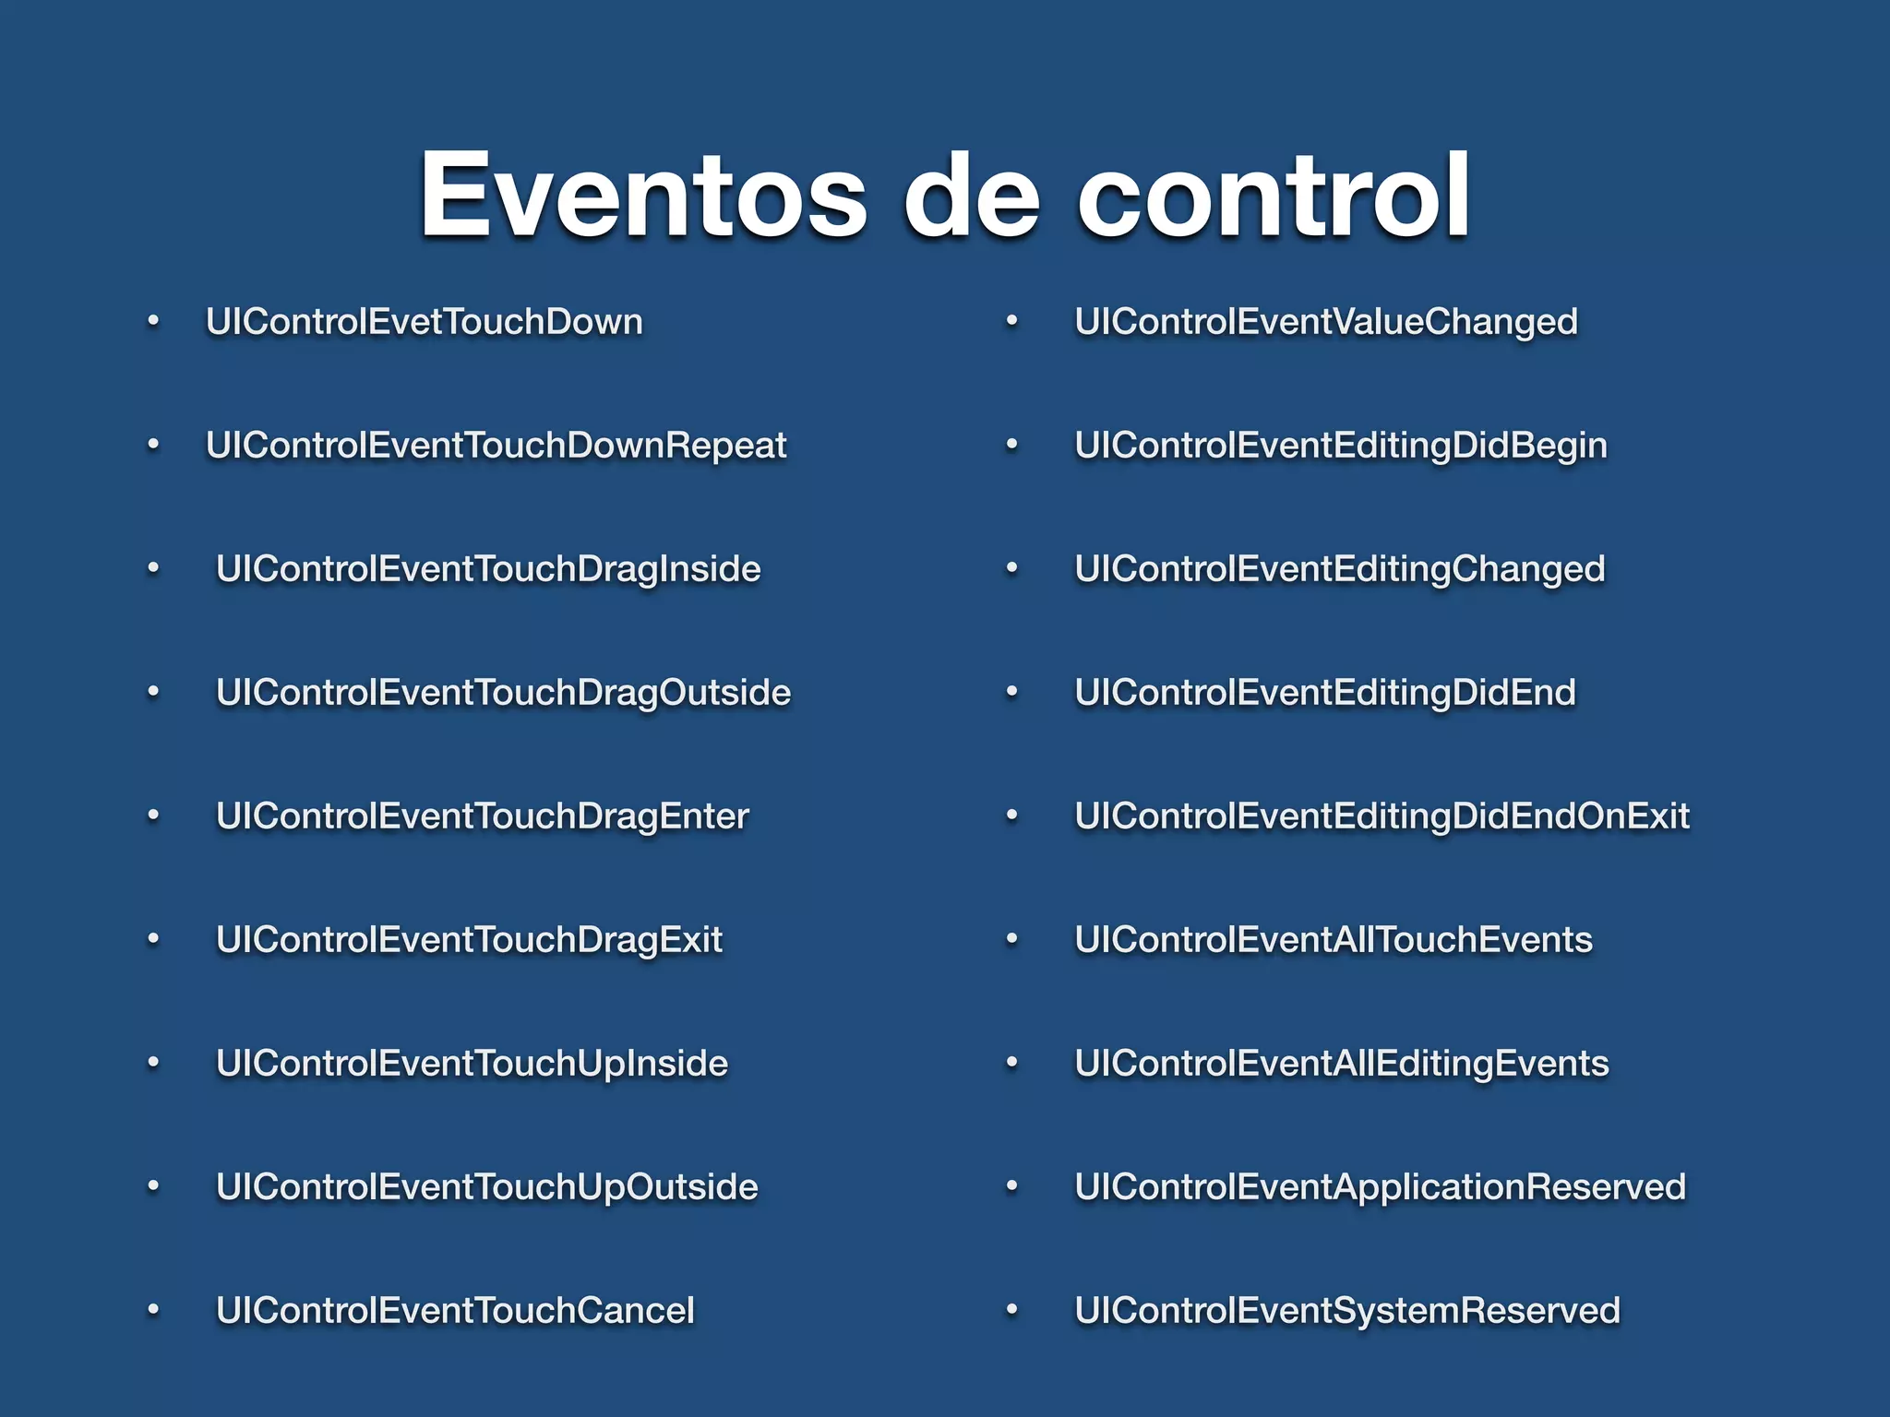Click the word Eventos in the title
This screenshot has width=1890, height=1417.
[643, 196]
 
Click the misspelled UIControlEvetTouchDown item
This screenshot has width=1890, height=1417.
[425, 322]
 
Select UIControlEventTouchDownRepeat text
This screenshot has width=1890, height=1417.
[496, 446]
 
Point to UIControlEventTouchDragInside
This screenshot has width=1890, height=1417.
[488, 569]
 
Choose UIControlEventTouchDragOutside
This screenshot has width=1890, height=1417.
[503, 693]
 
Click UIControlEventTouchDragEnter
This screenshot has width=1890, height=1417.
[482, 816]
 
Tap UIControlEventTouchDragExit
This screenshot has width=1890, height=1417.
[469, 940]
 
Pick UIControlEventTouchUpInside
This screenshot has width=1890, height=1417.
[472, 1064]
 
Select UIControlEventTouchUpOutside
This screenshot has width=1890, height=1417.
[486, 1187]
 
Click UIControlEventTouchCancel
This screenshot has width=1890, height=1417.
[455, 1311]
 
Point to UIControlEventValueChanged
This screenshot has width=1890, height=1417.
[1326, 322]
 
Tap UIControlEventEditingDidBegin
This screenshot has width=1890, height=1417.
[1341, 446]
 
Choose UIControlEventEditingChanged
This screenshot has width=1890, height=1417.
[1340, 569]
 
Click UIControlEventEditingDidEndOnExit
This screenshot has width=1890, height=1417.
[1382, 816]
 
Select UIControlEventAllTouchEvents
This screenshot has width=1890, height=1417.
[1334, 940]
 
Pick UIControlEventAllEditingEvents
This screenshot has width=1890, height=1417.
[1342, 1064]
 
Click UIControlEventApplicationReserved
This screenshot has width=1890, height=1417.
[1381, 1187]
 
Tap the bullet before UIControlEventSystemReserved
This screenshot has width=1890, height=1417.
[1011, 1310]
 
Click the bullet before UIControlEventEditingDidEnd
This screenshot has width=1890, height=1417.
[1011, 692]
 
